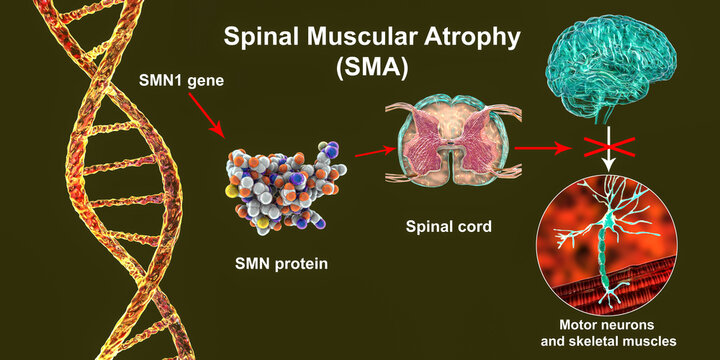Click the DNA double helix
coord(85,180)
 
